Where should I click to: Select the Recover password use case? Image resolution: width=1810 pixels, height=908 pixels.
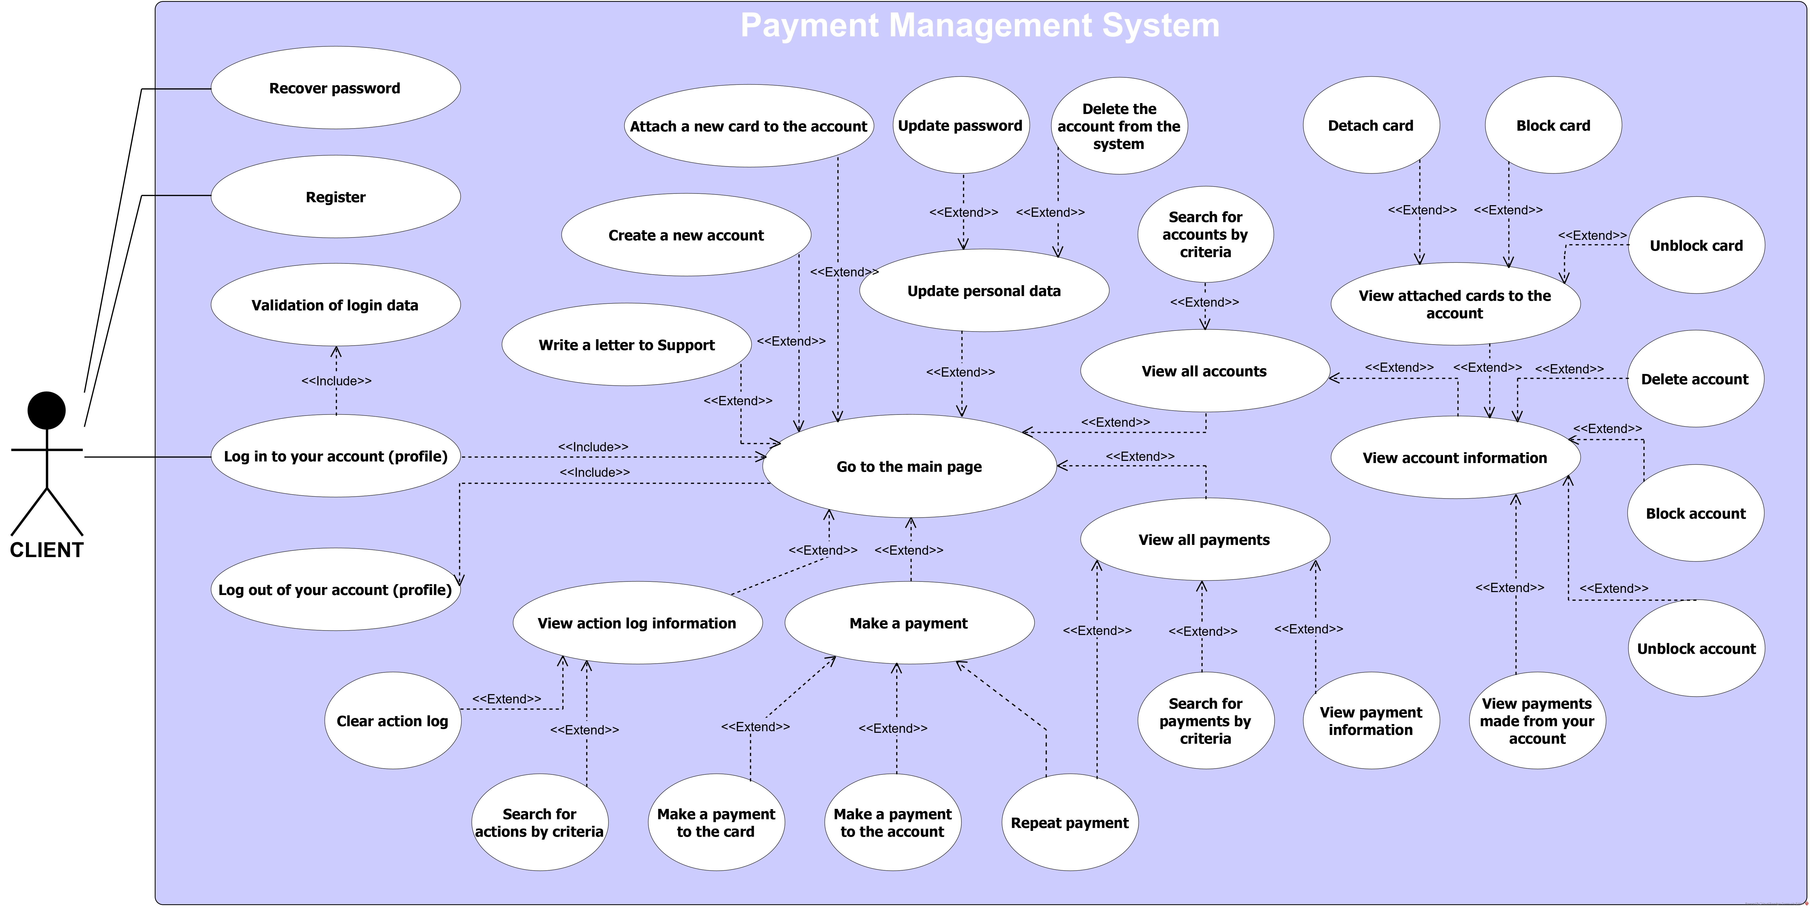click(335, 88)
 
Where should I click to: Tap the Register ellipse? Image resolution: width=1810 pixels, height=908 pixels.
click(335, 197)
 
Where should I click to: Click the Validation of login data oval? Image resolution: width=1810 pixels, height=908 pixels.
click(335, 305)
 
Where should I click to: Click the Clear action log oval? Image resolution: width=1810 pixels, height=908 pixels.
click(392, 721)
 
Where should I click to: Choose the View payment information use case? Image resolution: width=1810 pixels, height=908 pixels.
click(1370, 721)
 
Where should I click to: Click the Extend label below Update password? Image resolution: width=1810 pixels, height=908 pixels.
click(963, 212)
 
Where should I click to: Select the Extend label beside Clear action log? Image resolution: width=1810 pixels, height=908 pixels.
click(507, 699)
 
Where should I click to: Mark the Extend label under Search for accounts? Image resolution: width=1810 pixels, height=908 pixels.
click(1204, 302)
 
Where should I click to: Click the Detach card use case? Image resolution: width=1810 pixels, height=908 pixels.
click(1370, 126)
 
